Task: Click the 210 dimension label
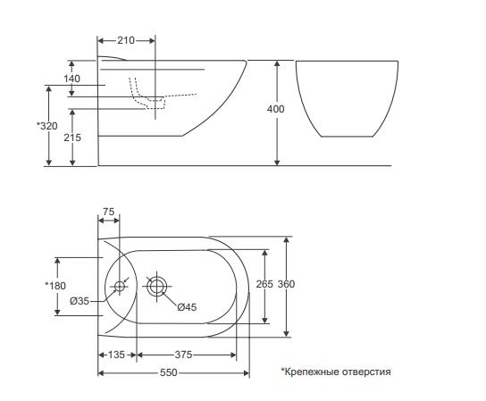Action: click(x=126, y=40)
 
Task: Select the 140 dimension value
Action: click(x=71, y=79)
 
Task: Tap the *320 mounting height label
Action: click(x=47, y=126)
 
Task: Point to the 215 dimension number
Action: click(x=72, y=138)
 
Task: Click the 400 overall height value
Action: click(x=275, y=109)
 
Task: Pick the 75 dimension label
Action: click(x=108, y=212)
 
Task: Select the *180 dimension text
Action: click(x=55, y=286)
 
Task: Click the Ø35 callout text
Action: click(x=80, y=301)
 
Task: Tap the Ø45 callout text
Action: click(x=187, y=307)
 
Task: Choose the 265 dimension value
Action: click(x=264, y=284)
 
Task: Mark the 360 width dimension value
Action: click(x=286, y=284)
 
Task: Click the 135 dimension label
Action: click(x=116, y=355)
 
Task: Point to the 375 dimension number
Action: click(x=183, y=355)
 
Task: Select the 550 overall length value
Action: click(x=169, y=372)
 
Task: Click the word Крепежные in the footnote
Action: click(x=311, y=372)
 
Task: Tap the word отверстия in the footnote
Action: click(x=366, y=372)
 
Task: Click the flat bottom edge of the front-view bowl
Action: click(x=348, y=137)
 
